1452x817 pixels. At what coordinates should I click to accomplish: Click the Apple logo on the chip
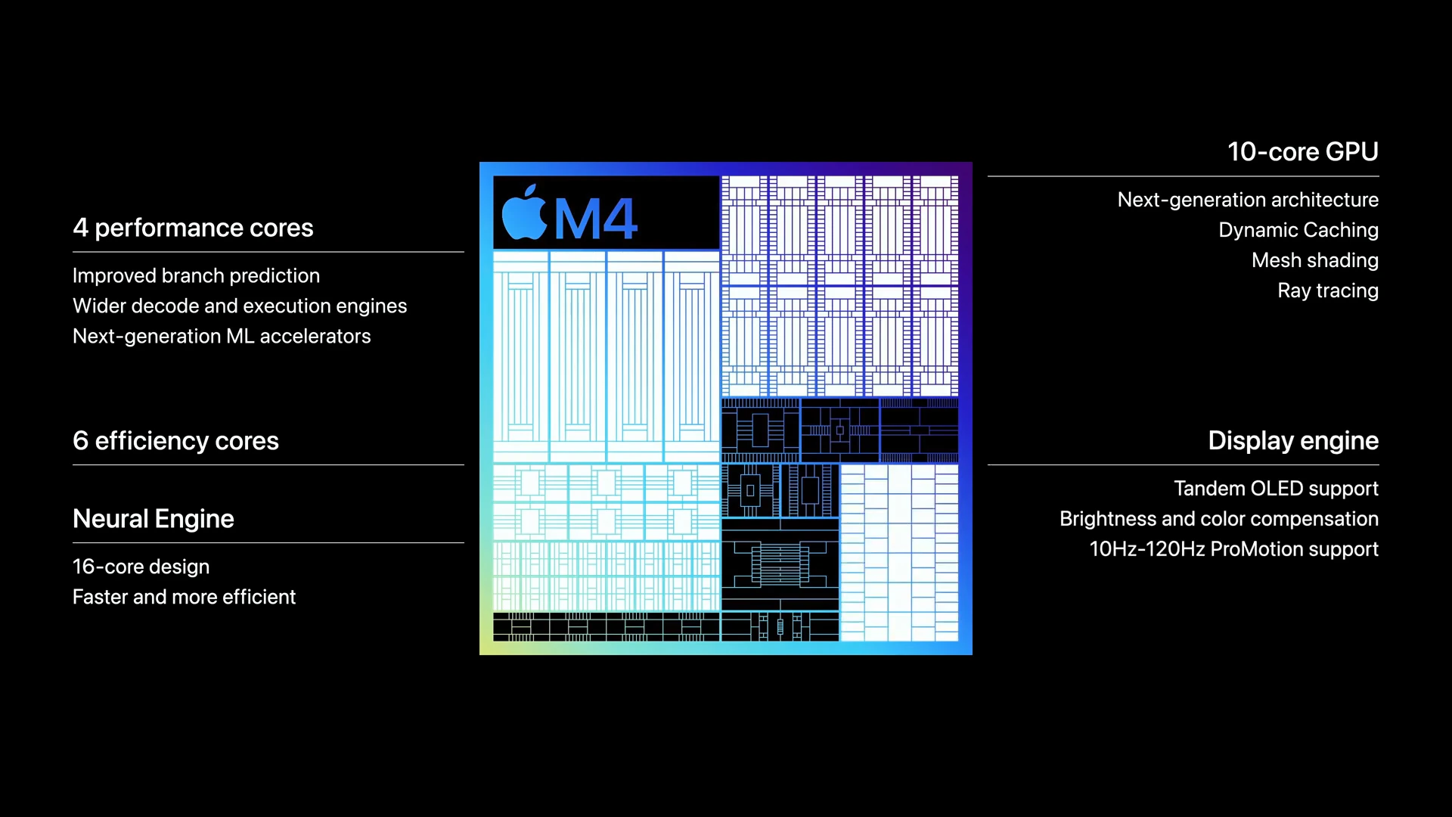tap(524, 213)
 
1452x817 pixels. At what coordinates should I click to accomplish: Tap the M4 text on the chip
tap(596, 219)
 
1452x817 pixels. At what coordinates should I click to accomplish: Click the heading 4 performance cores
tap(193, 228)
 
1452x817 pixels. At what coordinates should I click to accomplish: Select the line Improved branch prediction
tap(196, 275)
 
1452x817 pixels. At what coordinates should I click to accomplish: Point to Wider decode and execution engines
tap(240, 306)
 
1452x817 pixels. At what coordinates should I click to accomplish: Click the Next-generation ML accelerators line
tap(222, 336)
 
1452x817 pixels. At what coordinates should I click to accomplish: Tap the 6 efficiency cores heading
tap(175, 440)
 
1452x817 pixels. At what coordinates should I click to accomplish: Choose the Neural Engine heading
tap(154, 519)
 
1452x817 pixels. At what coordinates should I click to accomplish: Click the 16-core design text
tap(141, 567)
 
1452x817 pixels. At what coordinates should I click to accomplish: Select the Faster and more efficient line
tap(184, 597)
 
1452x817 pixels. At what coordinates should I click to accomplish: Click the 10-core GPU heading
tap(1302, 151)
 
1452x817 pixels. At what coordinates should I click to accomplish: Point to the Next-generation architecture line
tap(1248, 200)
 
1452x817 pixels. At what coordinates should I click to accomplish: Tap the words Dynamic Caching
tap(1298, 230)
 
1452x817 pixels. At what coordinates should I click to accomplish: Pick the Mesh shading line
tap(1314, 260)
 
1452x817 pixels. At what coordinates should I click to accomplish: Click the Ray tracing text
tap(1327, 290)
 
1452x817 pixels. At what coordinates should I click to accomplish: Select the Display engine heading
tap(1292, 440)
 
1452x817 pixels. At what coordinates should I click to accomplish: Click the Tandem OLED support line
tap(1276, 489)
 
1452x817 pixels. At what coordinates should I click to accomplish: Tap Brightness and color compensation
tap(1218, 519)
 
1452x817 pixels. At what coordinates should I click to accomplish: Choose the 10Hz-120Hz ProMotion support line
tap(1233, 549)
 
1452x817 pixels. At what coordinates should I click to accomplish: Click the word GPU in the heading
tap(1351, 151)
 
